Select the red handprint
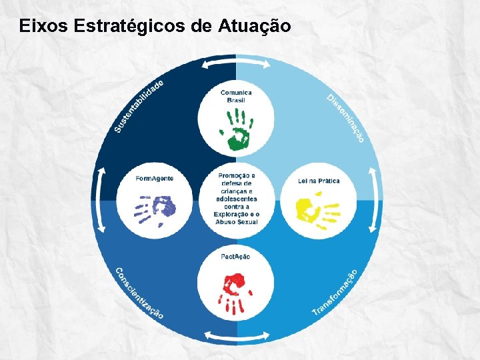coord(235,291)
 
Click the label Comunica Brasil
coord(236,96)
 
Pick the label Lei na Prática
coord(319,181)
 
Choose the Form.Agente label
coord(155,179)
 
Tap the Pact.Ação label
coord(235,257)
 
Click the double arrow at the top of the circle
coord(236,64)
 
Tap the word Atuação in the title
coord(254,27)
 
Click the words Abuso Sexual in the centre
coord(236,222)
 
